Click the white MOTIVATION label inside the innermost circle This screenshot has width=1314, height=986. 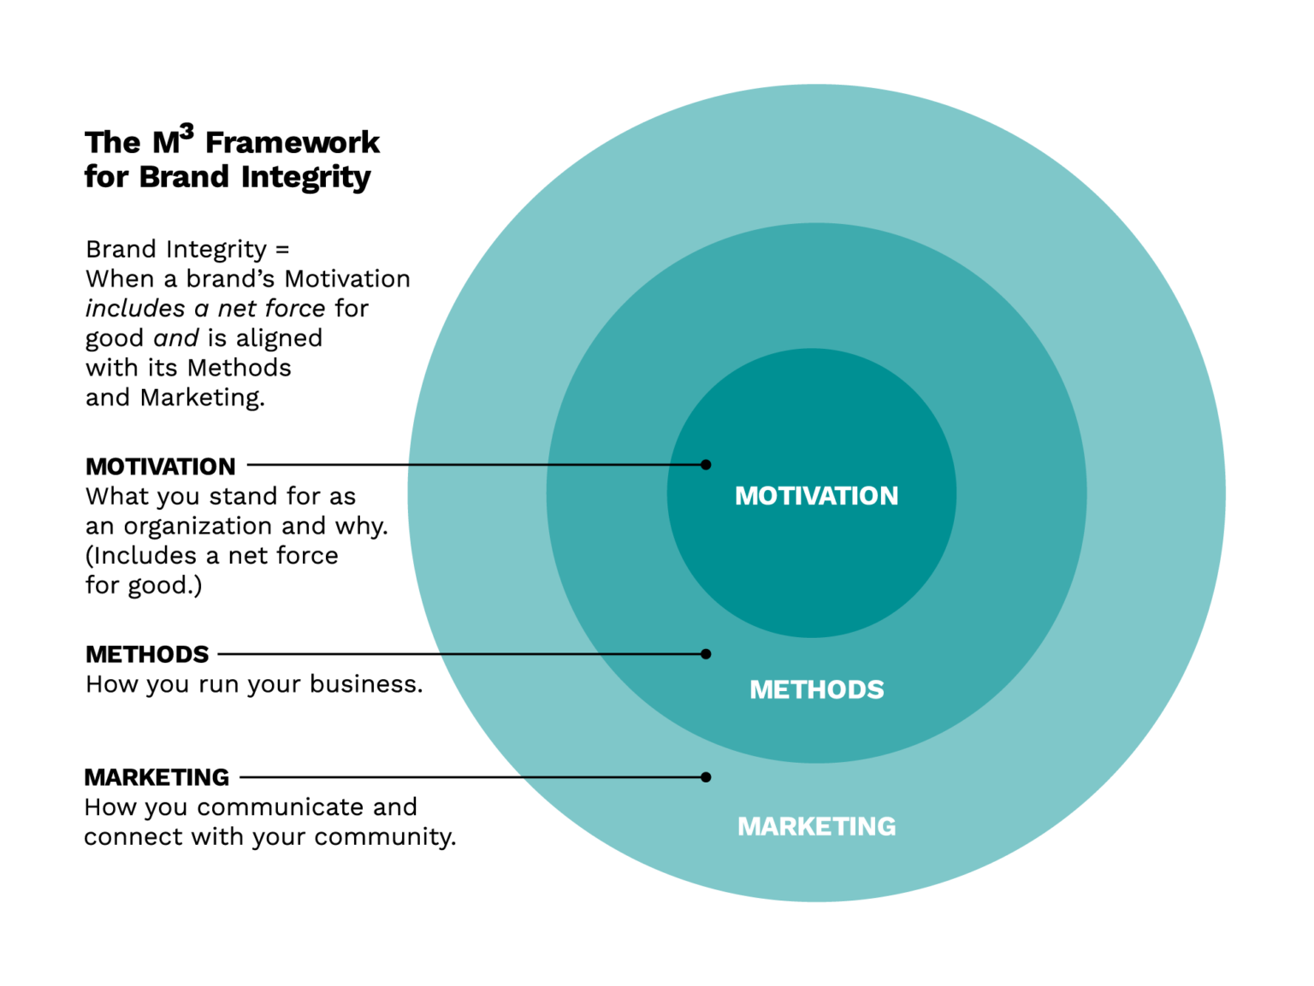coord(816,496)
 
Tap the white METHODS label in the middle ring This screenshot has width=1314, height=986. coord(816,689)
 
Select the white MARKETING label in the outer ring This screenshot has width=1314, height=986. coord(816,826)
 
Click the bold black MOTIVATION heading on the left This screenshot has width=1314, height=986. coord(160,467)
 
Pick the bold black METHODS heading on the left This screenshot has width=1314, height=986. coord(147,654)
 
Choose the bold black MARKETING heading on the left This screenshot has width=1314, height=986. coord(157,777)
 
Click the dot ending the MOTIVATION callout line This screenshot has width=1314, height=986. coord(706,465)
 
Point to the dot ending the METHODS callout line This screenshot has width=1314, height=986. coord(706,654)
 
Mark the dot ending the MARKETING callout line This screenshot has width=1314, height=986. coord(706,777)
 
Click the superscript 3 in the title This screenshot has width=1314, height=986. coord(186,131)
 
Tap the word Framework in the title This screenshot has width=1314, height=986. coord(293,142)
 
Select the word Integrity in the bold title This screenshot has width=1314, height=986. coord(305,177)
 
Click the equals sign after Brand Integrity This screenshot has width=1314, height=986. coord(282,250)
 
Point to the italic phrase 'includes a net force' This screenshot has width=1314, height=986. coord(205,309)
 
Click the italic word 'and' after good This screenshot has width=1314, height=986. coord(175,339)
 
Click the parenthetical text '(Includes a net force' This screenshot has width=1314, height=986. coord(211,556)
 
